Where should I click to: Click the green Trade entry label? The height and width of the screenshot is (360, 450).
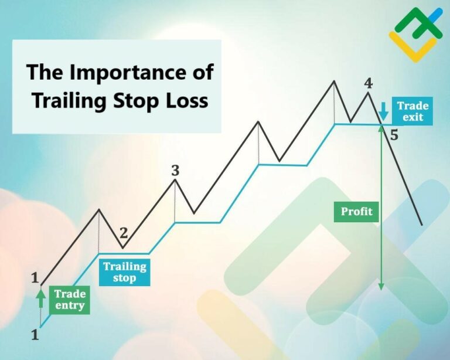(x=69, y=300)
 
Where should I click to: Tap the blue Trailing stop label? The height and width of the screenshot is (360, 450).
(x=125, y=272)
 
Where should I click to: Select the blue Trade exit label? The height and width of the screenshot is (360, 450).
(x=412, y=111)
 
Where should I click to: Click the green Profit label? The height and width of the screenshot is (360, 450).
(x=356, y=212)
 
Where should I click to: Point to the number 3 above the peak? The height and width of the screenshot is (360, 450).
(x=175, y=171)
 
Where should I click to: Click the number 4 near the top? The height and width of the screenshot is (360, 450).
(x=368, y=83)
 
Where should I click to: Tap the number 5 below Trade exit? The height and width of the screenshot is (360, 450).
(x=394, y=135)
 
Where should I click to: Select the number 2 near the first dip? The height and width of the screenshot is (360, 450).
(x=124, y=233)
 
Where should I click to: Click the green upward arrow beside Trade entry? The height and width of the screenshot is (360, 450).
(x=41, y=298)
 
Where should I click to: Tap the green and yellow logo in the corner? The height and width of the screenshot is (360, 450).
(x=416, y=35)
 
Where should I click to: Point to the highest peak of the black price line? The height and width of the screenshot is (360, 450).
(x=334, y=81)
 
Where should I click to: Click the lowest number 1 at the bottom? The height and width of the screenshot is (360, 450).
(x=35, y=334)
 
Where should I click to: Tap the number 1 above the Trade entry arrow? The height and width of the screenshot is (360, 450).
(x=35, y=277)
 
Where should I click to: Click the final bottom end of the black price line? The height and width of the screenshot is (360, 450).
(x=422, y=225)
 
